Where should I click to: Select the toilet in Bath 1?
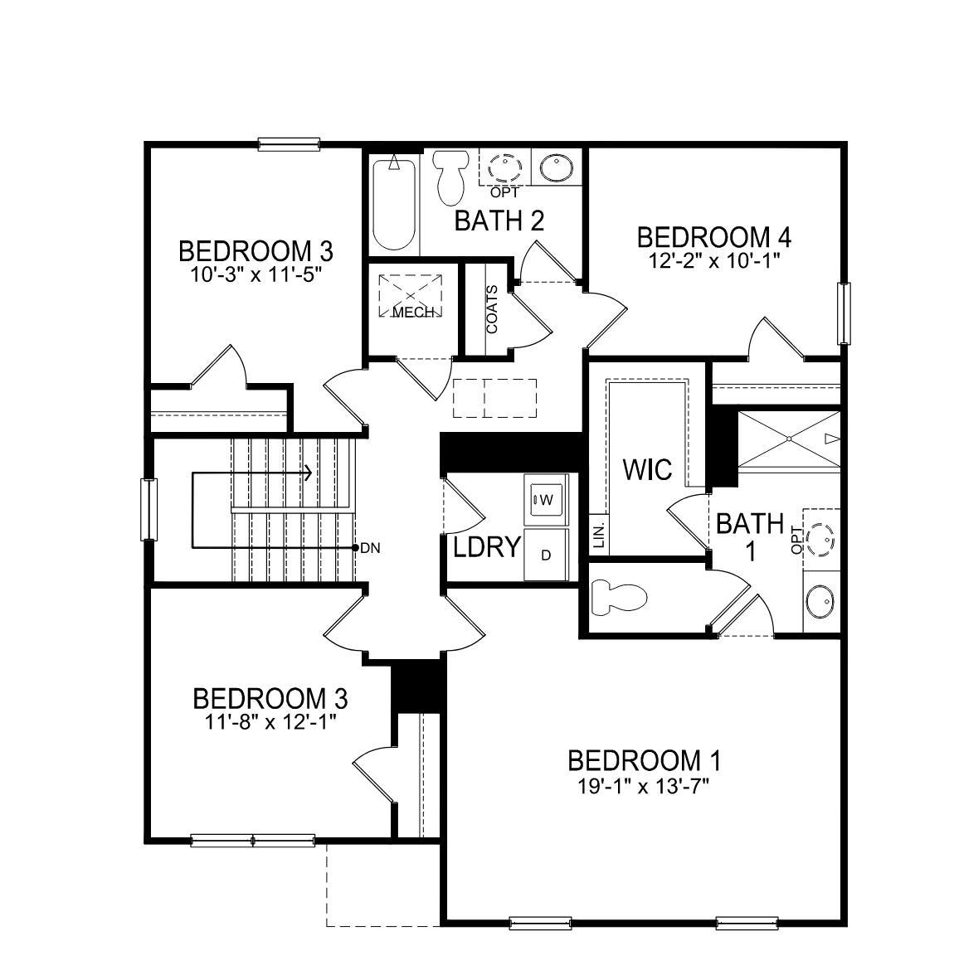(618, 598)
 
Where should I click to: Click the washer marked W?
(545, 499)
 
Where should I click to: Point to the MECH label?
(412, 313)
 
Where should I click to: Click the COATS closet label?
(493, 310)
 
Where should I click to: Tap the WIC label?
(647, 470)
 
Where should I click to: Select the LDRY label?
(487, 547)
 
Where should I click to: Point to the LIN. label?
(599, 535)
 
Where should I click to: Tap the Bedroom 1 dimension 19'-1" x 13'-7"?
(644, 784)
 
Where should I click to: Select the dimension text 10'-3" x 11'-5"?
(256, 273)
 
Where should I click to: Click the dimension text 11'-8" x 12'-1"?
(270, 721)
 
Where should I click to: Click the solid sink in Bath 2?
(553, 168)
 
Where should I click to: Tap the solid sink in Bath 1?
(821, 599)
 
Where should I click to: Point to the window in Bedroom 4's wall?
(844, 313)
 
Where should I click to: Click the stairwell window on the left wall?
(148, 509)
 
